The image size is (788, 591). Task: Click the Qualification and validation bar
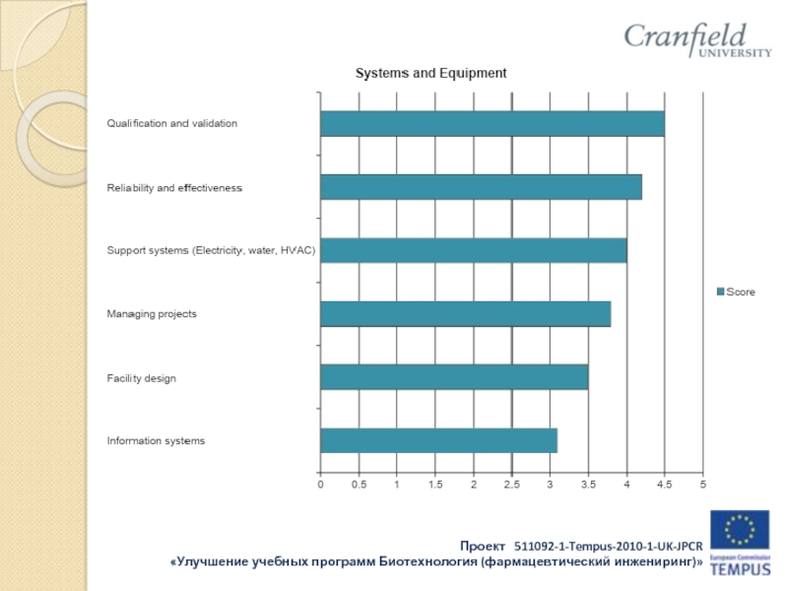(x=492, y=124)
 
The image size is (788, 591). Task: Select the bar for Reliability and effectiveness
(x=481, y=187)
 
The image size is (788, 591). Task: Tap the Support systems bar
(x=473, y=250)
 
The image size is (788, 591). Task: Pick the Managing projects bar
(x=465, y=314)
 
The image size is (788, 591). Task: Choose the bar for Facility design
(x=454, y=377)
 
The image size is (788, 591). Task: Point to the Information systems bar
(x=438, y=440)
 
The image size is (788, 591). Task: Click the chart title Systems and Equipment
(x=430, y=74)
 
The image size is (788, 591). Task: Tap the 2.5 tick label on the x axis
(x=511, y=486)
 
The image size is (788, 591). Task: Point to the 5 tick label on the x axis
(x=702, y=486)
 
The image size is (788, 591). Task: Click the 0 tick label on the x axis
(x=320, y=486)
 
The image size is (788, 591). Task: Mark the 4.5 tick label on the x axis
(x=664, y=486)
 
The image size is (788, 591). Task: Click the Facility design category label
(x=142, y=378)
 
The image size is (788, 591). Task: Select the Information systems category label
(x=156, y=441)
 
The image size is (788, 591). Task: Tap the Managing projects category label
(x=152, y=314)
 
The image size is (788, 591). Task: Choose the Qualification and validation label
(x=172, y=124)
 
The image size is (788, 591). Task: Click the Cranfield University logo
(x=697, y=40)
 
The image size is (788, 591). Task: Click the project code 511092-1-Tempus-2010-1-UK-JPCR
(x=608, y=546)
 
